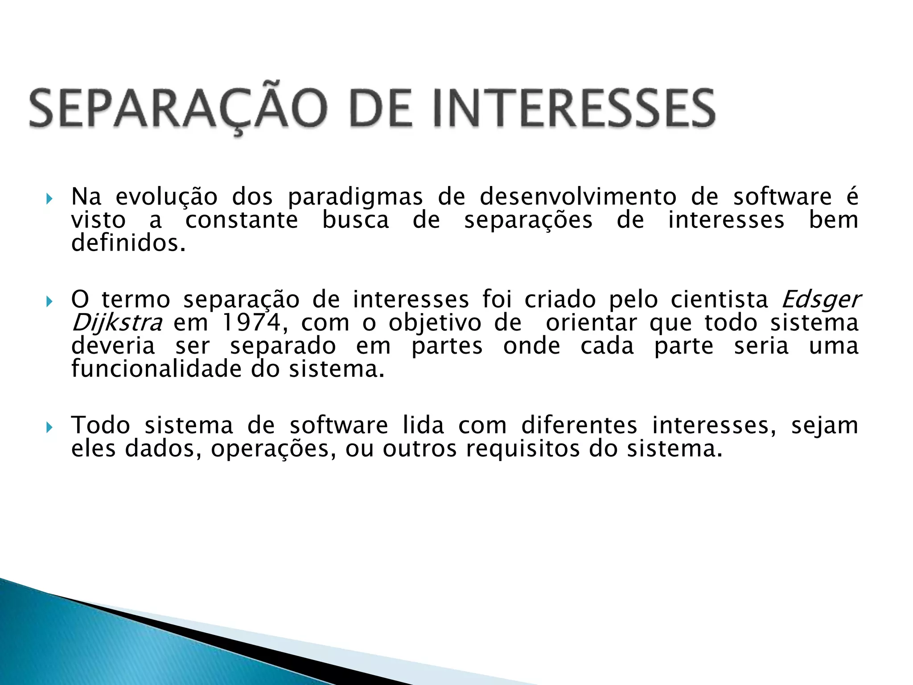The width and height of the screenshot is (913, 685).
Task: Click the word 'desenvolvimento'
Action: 578,197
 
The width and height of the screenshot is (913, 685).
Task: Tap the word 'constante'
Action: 242,220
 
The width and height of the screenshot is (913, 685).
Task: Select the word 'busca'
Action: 355,220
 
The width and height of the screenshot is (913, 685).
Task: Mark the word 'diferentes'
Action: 579,425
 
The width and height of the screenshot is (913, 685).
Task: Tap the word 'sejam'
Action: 825,426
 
